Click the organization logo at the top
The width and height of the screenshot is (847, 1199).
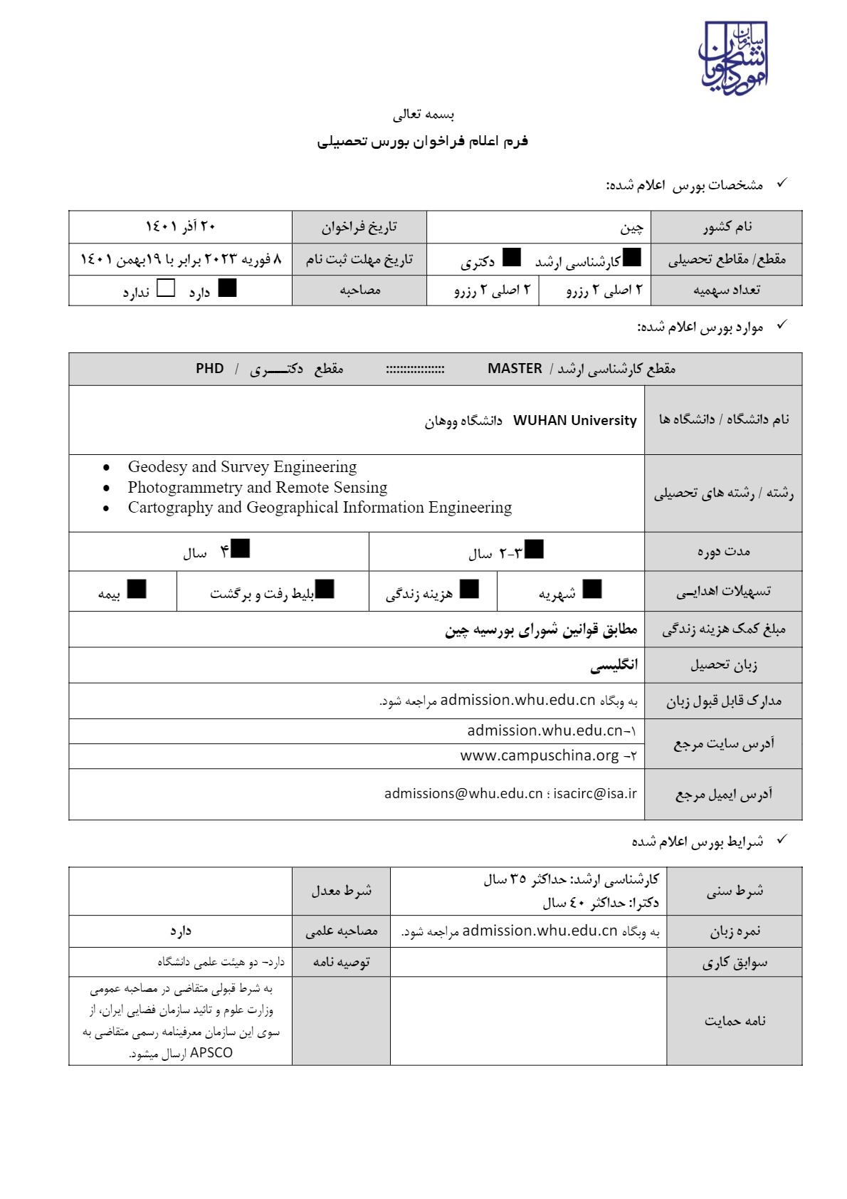734,59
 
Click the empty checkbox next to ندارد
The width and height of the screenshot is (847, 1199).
165,288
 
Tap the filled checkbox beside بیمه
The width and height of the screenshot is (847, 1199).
137,589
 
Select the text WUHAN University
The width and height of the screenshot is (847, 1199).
574,420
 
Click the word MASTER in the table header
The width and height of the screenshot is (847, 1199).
515,368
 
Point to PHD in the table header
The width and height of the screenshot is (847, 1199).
210,368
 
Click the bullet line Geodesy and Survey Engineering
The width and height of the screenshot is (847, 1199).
242,467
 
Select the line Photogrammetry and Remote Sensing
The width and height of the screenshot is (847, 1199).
258,488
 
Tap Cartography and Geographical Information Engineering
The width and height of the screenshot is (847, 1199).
320,508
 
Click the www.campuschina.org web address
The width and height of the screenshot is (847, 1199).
540,755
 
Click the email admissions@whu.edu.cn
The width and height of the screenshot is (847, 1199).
463,793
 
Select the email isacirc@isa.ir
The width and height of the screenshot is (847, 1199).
595,793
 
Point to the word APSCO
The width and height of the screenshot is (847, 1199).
211,1052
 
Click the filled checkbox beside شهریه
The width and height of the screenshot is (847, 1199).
592,589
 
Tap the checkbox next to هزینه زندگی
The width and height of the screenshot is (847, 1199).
469,589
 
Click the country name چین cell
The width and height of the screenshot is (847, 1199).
631,227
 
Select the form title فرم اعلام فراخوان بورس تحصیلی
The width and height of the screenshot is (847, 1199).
423,141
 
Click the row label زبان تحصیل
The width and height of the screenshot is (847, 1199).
723,665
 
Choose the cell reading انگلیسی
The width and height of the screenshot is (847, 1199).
614,665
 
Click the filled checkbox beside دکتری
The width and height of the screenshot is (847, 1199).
512,258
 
